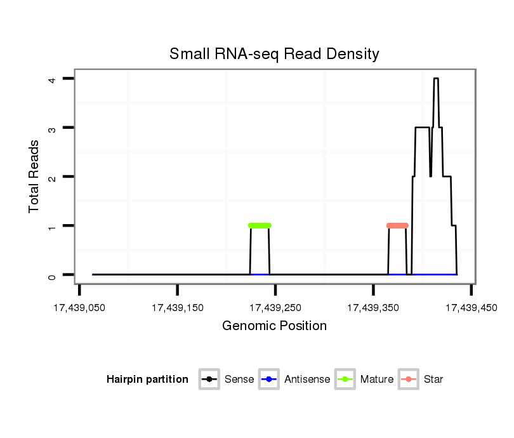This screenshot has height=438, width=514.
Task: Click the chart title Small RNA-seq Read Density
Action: pos(274,54)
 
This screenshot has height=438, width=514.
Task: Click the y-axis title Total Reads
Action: pos(34,176)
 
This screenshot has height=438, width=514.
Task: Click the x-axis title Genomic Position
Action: pos(274,326)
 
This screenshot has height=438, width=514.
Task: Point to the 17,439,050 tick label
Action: pos(79,308)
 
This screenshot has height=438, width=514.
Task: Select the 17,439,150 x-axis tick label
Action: pos(178,308)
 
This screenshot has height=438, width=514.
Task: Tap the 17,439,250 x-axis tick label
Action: pos(275,308)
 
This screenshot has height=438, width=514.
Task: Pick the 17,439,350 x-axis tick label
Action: pos(373,308)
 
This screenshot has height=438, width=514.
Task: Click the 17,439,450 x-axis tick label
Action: pos(471,308)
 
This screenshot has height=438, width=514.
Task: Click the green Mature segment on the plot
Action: pos(260,225)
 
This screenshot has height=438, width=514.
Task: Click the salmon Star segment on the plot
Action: pos(397,225)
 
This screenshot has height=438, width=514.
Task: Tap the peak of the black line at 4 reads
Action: pos(436,79)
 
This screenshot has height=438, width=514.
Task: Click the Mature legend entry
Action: pos(365,380)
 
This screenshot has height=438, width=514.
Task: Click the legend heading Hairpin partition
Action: pos(147,380)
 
